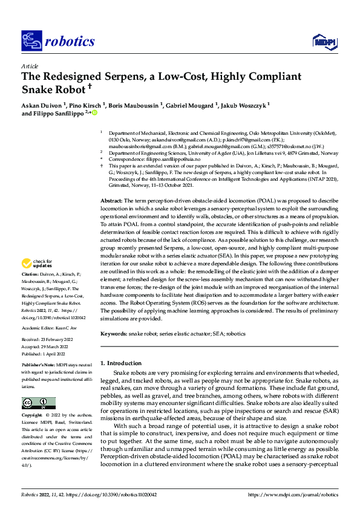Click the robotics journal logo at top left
57,41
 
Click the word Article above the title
30,66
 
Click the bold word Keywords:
113,333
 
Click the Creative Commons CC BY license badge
39,404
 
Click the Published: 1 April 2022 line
47,354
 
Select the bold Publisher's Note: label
39,367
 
